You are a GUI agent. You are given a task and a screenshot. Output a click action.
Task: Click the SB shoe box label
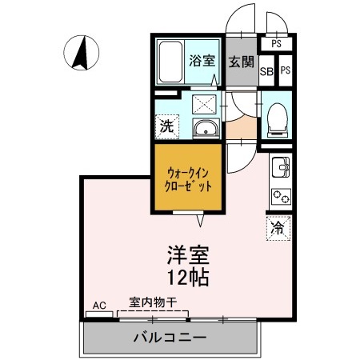tap(267, 70)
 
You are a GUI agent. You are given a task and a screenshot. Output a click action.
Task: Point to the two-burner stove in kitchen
tap(281, 194)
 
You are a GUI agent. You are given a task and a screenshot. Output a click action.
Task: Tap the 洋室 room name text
tap(188, 257)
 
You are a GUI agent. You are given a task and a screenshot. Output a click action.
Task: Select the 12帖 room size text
tap(189, 279)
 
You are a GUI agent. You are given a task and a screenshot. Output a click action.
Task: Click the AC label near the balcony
tap(99, 305)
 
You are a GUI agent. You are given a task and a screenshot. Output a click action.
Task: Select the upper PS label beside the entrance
tap(276, 44)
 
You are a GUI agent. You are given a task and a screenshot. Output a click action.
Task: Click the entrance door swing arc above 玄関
tap(240, 20)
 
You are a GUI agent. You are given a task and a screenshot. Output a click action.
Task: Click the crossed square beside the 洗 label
tap(204, 102)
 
